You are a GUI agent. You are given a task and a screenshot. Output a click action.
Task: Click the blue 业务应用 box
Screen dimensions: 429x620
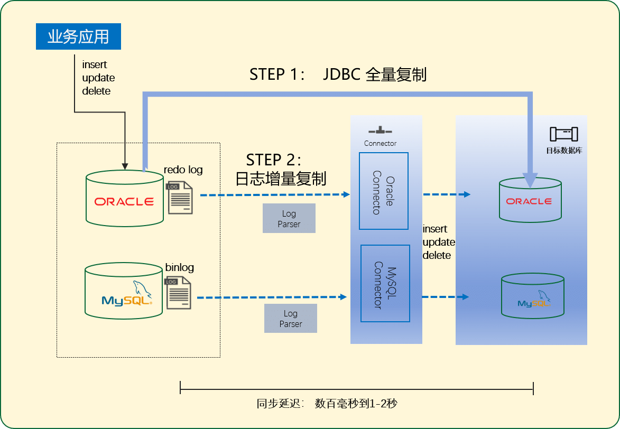[x=78, y=36]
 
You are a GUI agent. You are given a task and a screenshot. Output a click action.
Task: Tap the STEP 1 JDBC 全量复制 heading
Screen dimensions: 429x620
[x=338, y=74]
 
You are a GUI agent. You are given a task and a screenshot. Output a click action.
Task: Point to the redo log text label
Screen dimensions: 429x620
[x=183, y=170]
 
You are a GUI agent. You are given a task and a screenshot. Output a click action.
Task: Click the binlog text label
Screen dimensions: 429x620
[x=179, y=267]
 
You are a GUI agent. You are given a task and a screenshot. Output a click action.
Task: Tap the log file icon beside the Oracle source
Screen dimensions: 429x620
[x=180, y=198]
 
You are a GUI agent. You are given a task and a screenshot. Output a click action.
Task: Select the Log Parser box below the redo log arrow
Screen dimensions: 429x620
[x=289, y=219]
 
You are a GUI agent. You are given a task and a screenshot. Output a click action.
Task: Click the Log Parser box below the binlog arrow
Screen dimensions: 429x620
[x=290, y=319]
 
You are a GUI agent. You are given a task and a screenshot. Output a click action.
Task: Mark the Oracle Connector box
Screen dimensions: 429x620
[x=384, y=191]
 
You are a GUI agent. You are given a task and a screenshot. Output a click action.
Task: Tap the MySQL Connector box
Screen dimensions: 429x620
[x=385, y=284]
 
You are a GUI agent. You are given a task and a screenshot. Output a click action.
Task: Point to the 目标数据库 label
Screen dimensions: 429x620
[x=564, y=151]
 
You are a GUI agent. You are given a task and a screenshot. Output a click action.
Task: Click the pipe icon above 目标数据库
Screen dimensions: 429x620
[x=564, y=134]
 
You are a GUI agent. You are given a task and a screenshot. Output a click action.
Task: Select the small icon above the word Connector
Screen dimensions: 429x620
[x=380, y=130]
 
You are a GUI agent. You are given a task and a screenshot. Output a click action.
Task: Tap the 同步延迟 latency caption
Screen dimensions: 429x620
[x=327, y=404]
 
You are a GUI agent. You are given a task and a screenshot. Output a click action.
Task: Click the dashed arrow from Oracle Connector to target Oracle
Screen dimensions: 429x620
[x=447, y=195]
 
